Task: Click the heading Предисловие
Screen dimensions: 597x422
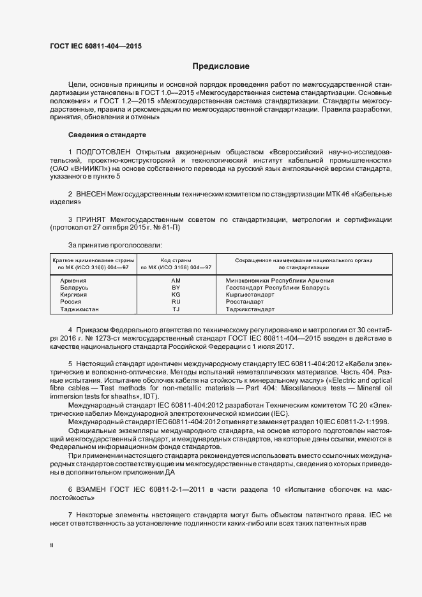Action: pyautogui.click(x=221, y=66)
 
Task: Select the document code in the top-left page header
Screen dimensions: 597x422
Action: pyautogui.click(x=95, y=47)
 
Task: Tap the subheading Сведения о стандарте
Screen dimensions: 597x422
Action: pyautogui.click(x=107, y=135)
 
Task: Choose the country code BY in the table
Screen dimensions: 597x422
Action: pyautogui.click(x=176, y=288)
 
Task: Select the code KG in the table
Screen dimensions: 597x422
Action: pyautogui.click(x=176, y=295)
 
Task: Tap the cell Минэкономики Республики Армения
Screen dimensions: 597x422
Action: pyautogui.click(x=280, y=281)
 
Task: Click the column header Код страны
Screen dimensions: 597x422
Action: pyautogui.click(x=176, y=260)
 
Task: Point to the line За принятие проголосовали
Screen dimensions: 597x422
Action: pyautogui.click(x=115, y=245)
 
